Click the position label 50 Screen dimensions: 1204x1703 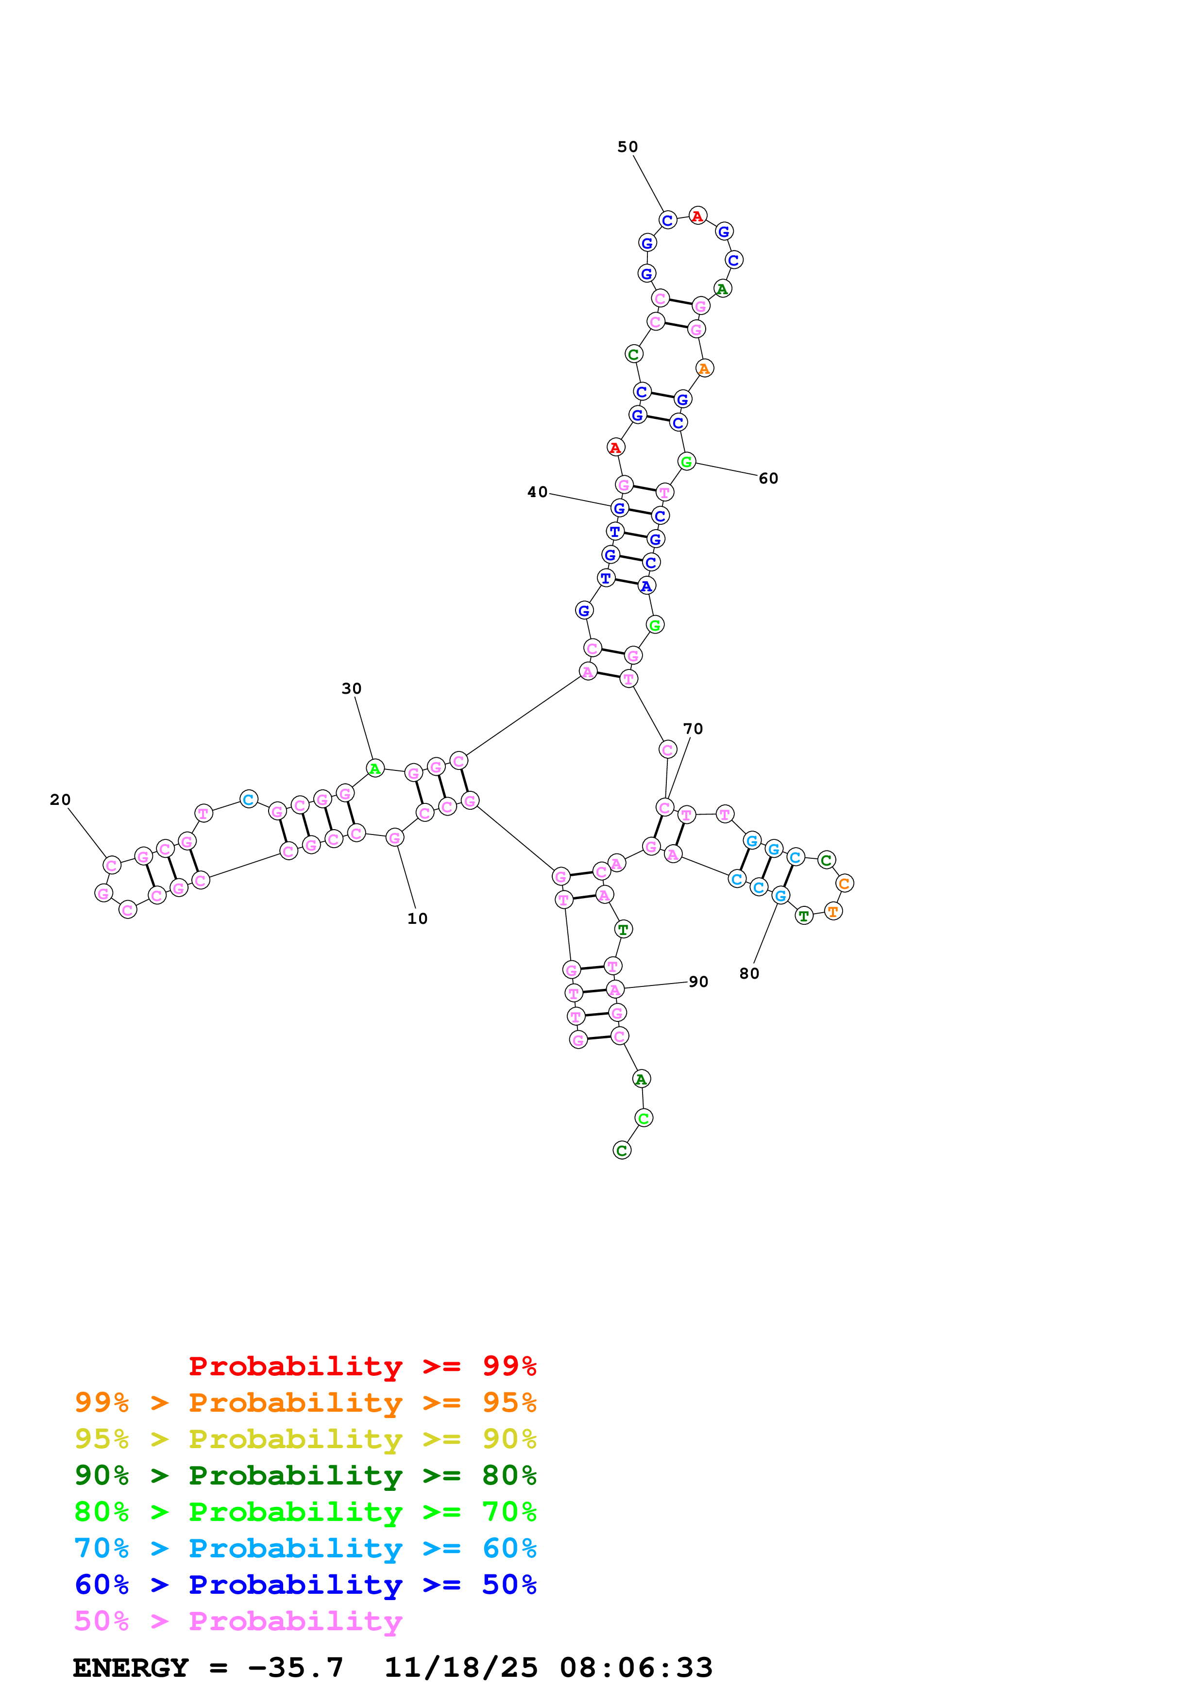click(627, 147)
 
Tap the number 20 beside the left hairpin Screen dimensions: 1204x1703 click(60, 800)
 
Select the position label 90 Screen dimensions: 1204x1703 click(698, 982)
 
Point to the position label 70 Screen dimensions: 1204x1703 click(693, 729)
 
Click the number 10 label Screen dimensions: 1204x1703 click(418, 919)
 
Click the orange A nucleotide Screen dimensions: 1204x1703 click(704, 368)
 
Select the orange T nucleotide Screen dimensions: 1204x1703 click(833, 912)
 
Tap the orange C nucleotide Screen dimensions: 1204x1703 click(844, 884)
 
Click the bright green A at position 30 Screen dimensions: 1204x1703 click(375, 768)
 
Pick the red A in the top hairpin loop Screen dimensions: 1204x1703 click(697, 217)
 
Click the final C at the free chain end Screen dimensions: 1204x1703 click(622, 1151)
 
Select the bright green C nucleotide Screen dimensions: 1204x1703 click(644, 1118)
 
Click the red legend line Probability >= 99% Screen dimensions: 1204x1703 click(362, 1366)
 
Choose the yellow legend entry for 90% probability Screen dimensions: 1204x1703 click(305, 1439)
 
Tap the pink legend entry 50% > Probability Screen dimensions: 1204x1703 click(238, 1621)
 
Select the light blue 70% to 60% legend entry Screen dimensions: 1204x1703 click(305, 1549)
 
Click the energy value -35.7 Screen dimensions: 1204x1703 click(295, 1668)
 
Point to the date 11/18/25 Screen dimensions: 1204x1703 click(461, 1668)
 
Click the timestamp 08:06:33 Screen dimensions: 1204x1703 click(636, 1668)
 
